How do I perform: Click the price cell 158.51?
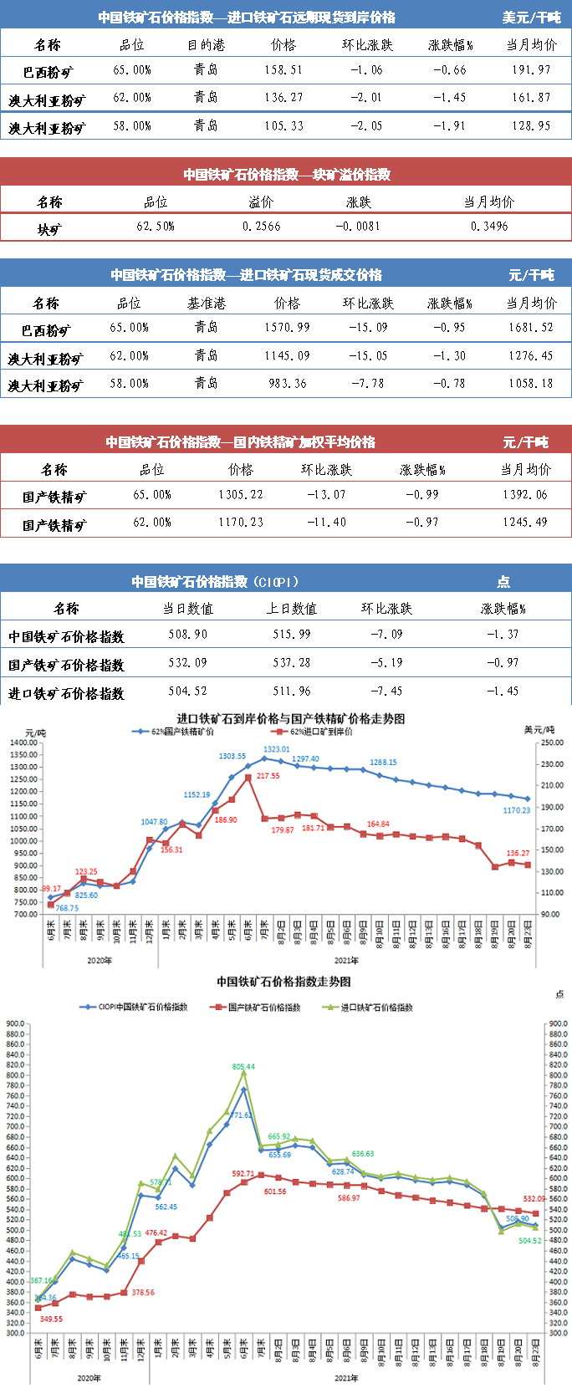point(283,70)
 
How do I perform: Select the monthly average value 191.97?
point(532,70)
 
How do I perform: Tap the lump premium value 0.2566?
point(262,227)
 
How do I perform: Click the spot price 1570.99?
point(287,328)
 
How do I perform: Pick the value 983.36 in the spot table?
point(287,384)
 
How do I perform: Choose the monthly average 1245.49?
point(525,523)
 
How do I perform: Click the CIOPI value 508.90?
point(187,635)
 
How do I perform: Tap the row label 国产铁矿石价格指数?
point(67,666)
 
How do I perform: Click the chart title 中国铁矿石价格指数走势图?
point(284,982)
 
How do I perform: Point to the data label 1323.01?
point(277,749)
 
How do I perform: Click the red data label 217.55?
point(268,776)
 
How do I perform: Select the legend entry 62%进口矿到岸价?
point(321,732)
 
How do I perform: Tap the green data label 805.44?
point(243,1067)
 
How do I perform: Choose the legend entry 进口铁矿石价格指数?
point(376,1008)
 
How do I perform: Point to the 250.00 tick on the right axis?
point(551,742)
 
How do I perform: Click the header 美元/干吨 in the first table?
point(532,18)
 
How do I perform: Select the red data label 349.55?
point(51,1319)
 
